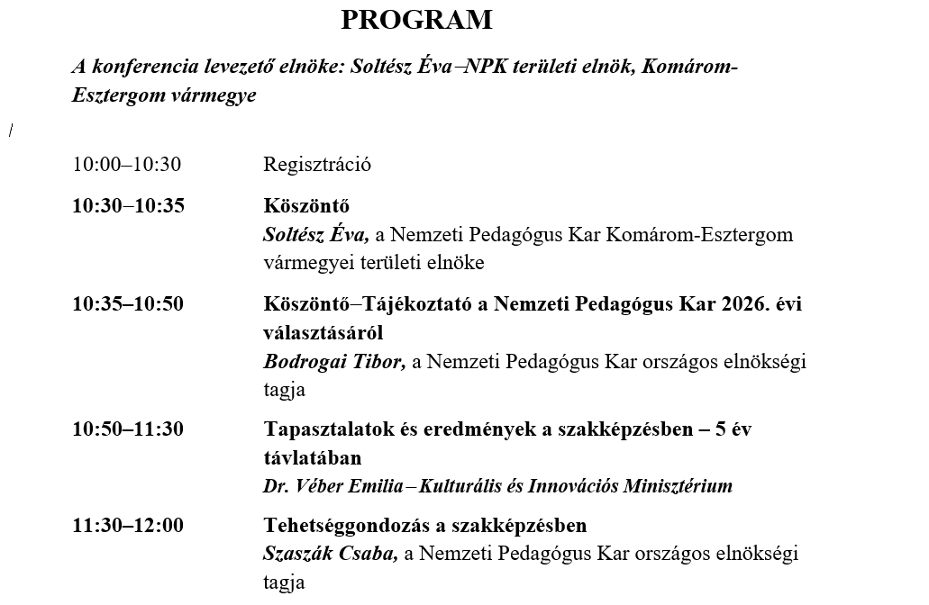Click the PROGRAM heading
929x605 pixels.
(x=416, y=20)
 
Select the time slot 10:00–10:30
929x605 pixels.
(x=127, y=165)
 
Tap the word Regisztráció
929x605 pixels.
(x=317, y=165)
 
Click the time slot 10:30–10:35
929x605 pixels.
(x=129, y=206)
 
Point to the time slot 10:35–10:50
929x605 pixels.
(x=128, y=304)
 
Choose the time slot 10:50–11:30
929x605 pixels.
(x=128, y=429)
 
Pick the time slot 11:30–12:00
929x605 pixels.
(x=128, y=526)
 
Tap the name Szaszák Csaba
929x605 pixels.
(x=329, y=555)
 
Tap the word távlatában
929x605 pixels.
(x=312, y=458)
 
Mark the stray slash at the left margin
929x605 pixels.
(x=11, y=131)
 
